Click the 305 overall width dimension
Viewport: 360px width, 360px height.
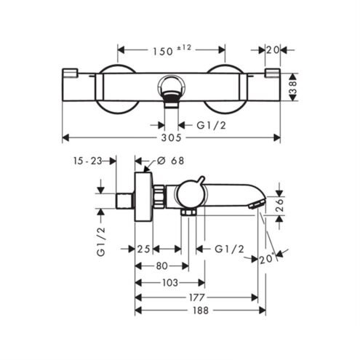171,137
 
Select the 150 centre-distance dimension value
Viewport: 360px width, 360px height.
163,52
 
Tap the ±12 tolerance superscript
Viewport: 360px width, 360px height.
184,48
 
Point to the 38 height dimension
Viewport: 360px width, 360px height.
292,87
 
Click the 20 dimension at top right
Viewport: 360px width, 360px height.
273,50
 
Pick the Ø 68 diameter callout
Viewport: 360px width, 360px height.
170,161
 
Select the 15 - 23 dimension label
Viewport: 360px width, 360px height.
87,161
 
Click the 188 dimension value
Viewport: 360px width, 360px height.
201,311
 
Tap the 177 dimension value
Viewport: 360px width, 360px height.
197,297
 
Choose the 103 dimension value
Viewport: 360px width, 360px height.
170,282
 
